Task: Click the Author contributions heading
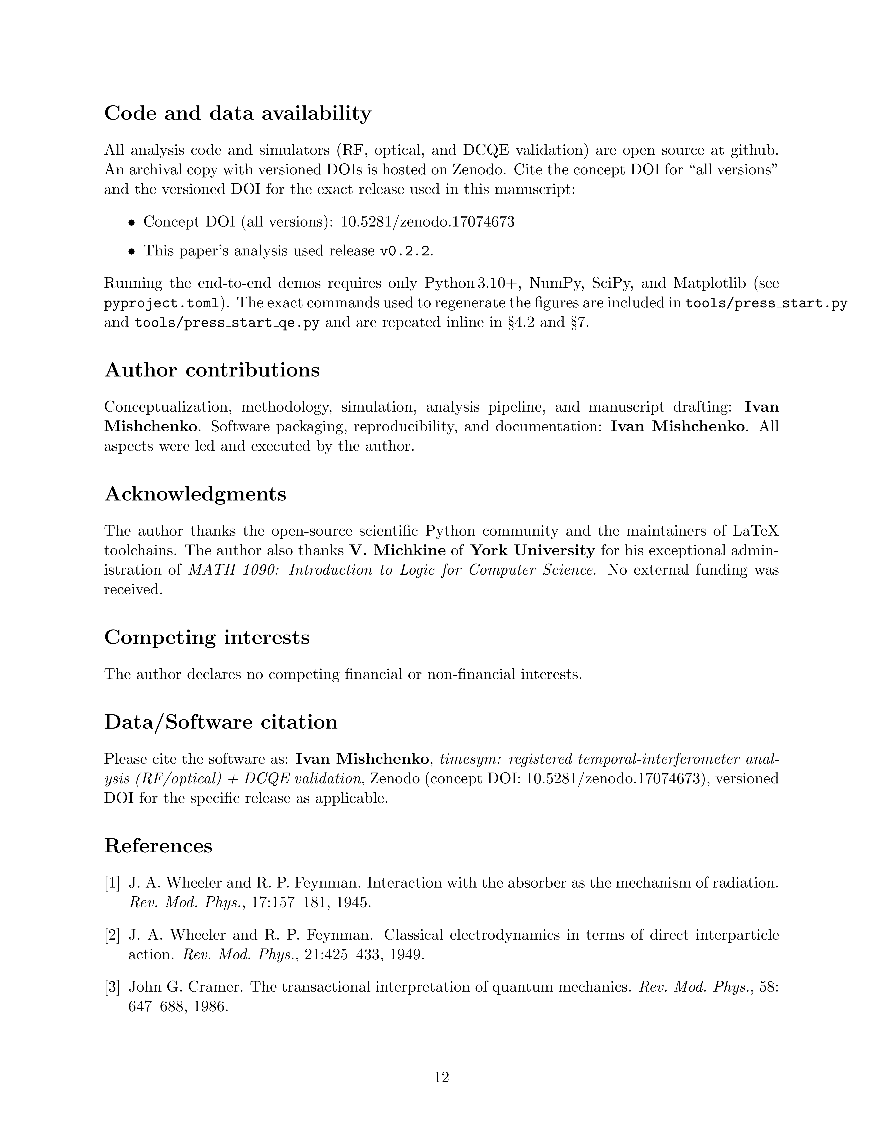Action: (212, 370)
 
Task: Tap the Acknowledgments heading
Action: (195, 494)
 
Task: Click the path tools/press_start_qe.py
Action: (226, 323)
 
